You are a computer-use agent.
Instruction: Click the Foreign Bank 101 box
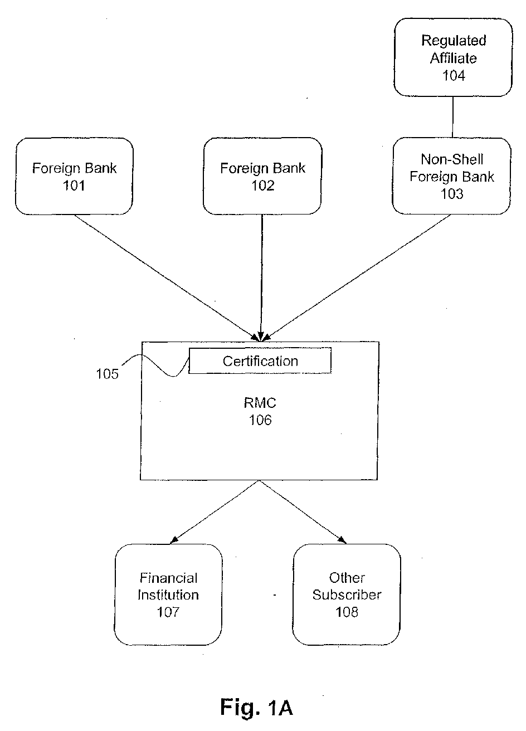pos(74,176)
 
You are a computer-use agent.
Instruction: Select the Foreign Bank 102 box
pos(262,176)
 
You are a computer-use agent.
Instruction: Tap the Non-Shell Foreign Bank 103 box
pos(451,176)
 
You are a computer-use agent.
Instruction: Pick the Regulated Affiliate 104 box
pos(453,57)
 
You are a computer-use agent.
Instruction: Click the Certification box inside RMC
pos(260,360)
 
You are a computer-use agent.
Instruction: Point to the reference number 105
pos(107,374)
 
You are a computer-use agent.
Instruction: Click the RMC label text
pos(260,403)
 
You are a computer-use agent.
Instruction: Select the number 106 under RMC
pos(260,420)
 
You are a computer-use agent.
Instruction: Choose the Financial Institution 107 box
pos(168,594)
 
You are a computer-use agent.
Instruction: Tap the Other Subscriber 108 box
pos(347,594)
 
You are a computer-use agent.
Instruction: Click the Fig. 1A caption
pos(256,707)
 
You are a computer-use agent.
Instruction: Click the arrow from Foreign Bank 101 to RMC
pos(167,277)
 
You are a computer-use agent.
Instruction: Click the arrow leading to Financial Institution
pos(215,511)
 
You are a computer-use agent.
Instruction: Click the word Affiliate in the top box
pos(454,57)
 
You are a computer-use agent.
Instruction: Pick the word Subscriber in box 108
pos(347,594)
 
